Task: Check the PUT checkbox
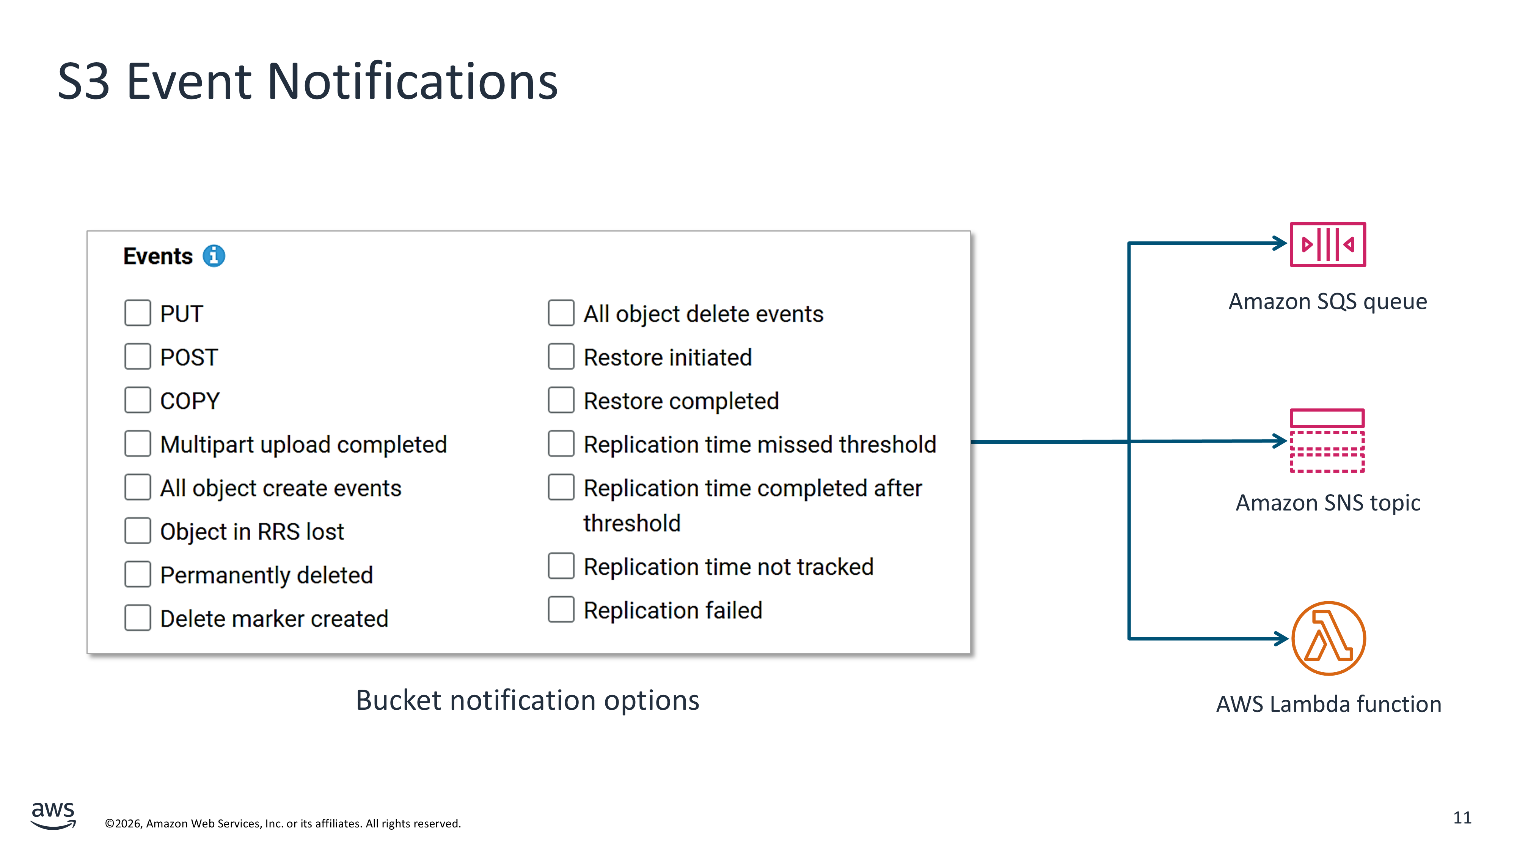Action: (x=137, y=313)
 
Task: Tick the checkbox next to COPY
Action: (x=137, y=400)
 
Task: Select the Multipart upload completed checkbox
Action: (x=137, y=444)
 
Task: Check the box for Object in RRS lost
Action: (x=137, y=531)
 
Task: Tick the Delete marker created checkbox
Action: (x=137, y=618)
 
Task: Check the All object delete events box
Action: (x=561, y=313)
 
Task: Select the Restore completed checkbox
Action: (x=561, y=400)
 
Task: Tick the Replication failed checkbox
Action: (x=561, y=610)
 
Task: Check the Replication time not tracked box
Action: (x=561, y=566)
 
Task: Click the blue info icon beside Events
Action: (x=214, y=256)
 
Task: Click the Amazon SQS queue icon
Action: (x=1327, y=244)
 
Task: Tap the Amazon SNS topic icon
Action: (x=1327, y=441)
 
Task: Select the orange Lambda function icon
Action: (x=1329, y=638)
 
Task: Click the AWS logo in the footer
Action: (x=53, y=815)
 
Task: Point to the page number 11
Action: (x=1462, y=818)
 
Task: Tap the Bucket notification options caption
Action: (x=528, y=701)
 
